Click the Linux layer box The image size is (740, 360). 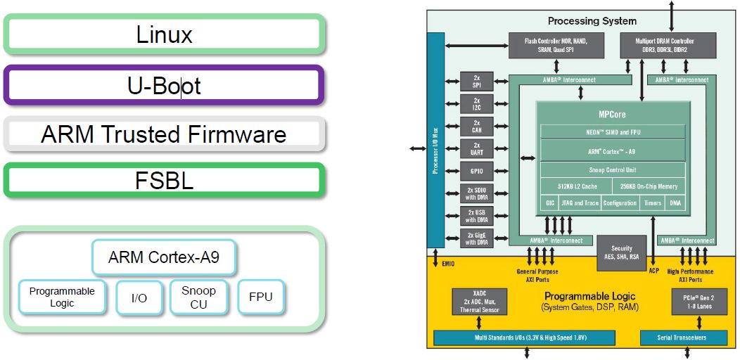click(x=164, y=34)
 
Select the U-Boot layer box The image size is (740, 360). click(x=164, y=86)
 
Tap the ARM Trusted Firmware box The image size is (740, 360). click(x=164, y=134)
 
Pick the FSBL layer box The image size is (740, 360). click(x=164, y=181)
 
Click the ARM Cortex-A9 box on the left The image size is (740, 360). click(x=163, y=257)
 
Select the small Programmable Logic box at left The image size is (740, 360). click(x=62, y=297)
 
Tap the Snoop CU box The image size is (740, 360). click(x=198, y=297)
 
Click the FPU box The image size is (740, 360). click(x=260, y=297)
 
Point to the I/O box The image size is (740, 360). click(x=139, y=297)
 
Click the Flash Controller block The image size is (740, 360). click(x=555, y=46)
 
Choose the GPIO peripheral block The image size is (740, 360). click(x=476, y=171)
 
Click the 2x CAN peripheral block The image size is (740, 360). click(x=476, y=126)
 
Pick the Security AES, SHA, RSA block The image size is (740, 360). click(x=621, y=253)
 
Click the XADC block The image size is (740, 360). click(x=479, y=300)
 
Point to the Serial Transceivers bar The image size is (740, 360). click(x=683, y=339)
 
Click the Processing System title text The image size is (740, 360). click(x=592, y=21)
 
